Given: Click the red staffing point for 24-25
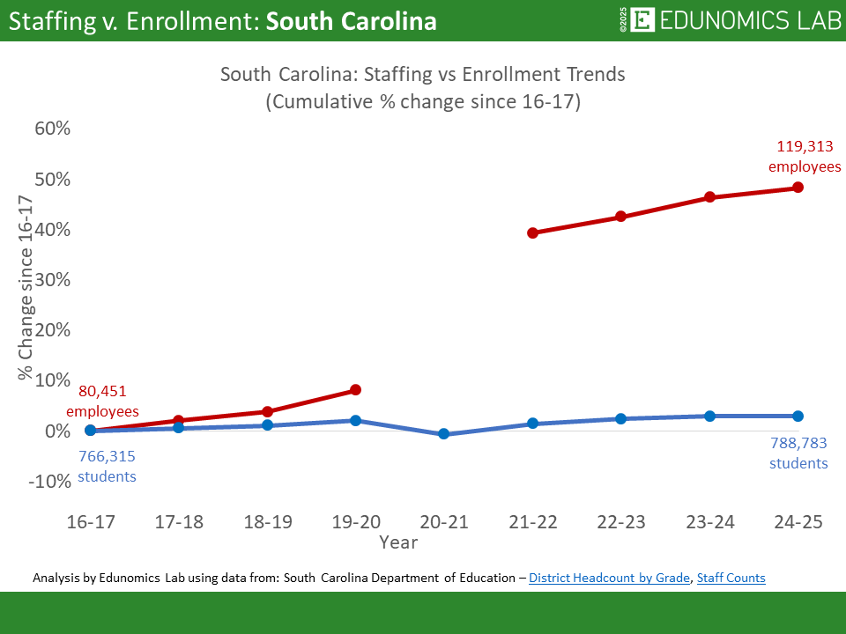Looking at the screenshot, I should click(798, 188).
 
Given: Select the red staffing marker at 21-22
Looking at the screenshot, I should click(532, 233).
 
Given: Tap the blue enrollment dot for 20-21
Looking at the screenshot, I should click(444, 434).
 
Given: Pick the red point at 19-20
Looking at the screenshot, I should click(355, 390).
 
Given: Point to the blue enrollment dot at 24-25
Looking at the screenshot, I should click(798, 417).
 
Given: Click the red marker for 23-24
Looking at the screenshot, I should click(709, 197).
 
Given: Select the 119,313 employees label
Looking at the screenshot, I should click(805, 157).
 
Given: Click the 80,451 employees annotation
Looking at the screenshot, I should click(102, 401).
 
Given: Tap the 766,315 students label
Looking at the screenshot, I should click(108, 467).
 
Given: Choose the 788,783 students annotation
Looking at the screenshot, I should click(798, 453).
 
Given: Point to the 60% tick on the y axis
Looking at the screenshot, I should click(51, 129).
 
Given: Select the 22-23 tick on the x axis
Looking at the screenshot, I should click(621, 522).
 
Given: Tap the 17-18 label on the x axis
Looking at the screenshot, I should click(179, 522).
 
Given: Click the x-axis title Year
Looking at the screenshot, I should click(398, 542).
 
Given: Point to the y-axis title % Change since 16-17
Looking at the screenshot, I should click(26, 289).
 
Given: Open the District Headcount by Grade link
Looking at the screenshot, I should click(609, 579).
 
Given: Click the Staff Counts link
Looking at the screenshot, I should click(731, 579).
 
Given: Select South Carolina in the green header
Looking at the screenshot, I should click(351, 21).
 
